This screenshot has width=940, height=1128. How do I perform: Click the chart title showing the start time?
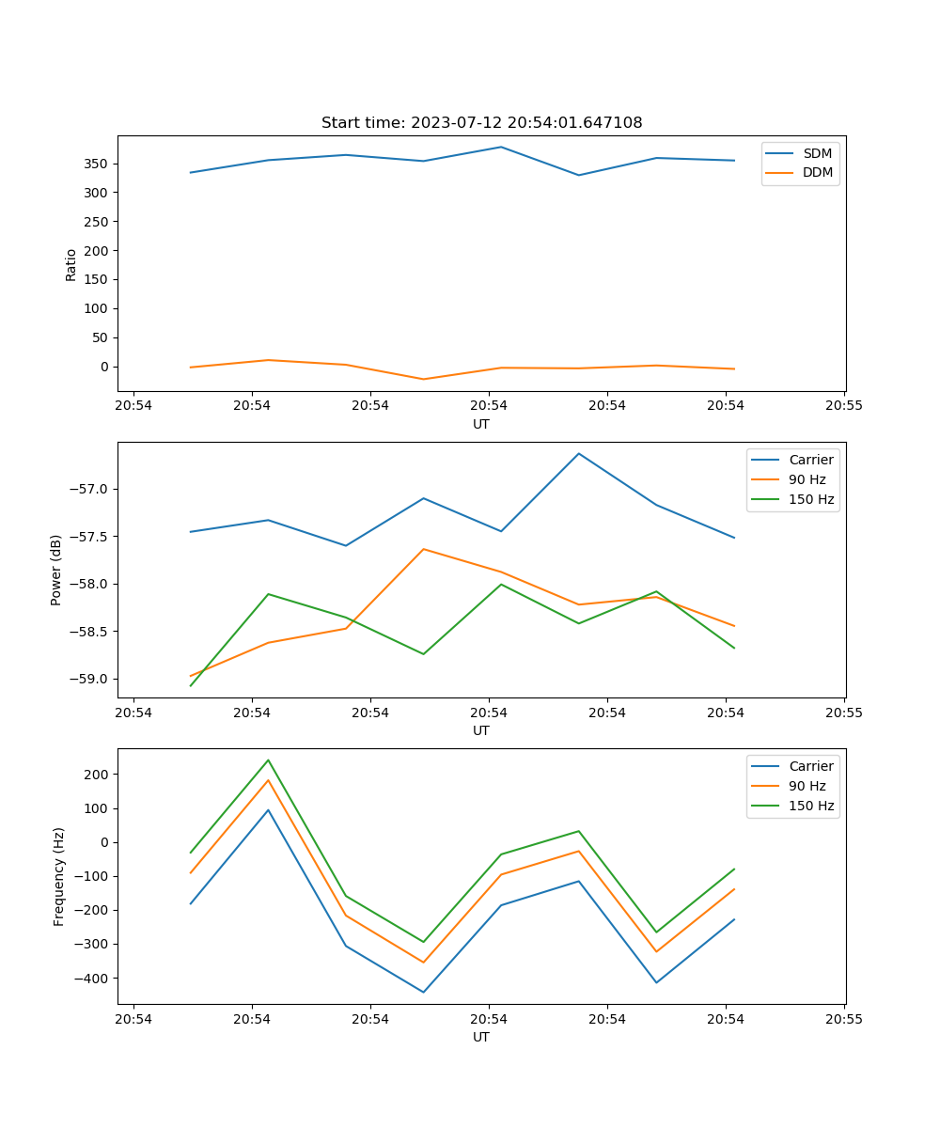click(481, 123)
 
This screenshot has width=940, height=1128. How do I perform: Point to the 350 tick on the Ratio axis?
click(98, 164)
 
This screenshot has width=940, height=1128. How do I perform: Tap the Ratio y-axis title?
click(71, 264)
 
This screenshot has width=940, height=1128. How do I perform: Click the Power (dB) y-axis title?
click(57, 570)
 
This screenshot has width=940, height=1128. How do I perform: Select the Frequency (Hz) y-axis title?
click(59, 876)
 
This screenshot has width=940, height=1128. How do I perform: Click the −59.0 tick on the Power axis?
click(90, 679)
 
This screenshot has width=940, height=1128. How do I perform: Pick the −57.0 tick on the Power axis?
click(90, 489)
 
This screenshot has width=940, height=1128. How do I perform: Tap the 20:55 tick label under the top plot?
click(843, 406)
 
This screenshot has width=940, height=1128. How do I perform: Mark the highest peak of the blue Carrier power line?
click(578, 453)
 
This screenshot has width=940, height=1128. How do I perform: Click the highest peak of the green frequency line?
click(268, 760)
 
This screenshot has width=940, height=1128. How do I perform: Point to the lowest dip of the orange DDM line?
click(423, 379)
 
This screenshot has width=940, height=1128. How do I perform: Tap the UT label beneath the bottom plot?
click(481, 1037)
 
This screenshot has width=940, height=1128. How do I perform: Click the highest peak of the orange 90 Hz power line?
click(423, 549)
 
